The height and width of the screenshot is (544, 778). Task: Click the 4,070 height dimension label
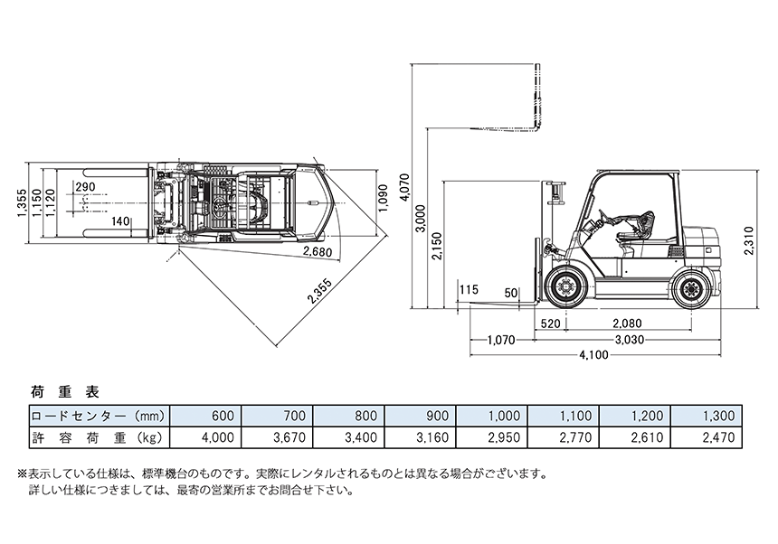(x=404, y=187)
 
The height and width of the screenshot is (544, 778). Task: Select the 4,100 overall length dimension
(x=593, y=354)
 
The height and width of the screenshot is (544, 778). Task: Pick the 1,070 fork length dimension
(x=500, y=340)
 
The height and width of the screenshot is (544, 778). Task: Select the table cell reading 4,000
(x=217, y=436)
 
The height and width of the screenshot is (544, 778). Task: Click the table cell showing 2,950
(x=502, y=436)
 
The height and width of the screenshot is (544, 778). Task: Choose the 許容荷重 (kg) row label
(x=97, y=436)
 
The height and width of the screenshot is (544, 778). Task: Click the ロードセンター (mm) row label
(x=97, y=416)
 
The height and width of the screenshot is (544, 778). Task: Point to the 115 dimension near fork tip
(x=468, y=290)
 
